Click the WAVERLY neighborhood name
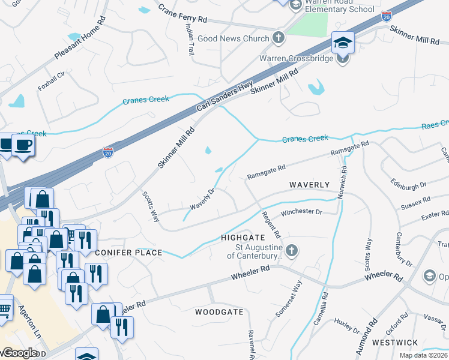310,185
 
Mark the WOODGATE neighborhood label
220,312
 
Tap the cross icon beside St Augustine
291,251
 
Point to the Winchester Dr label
301,212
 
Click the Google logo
19,353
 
